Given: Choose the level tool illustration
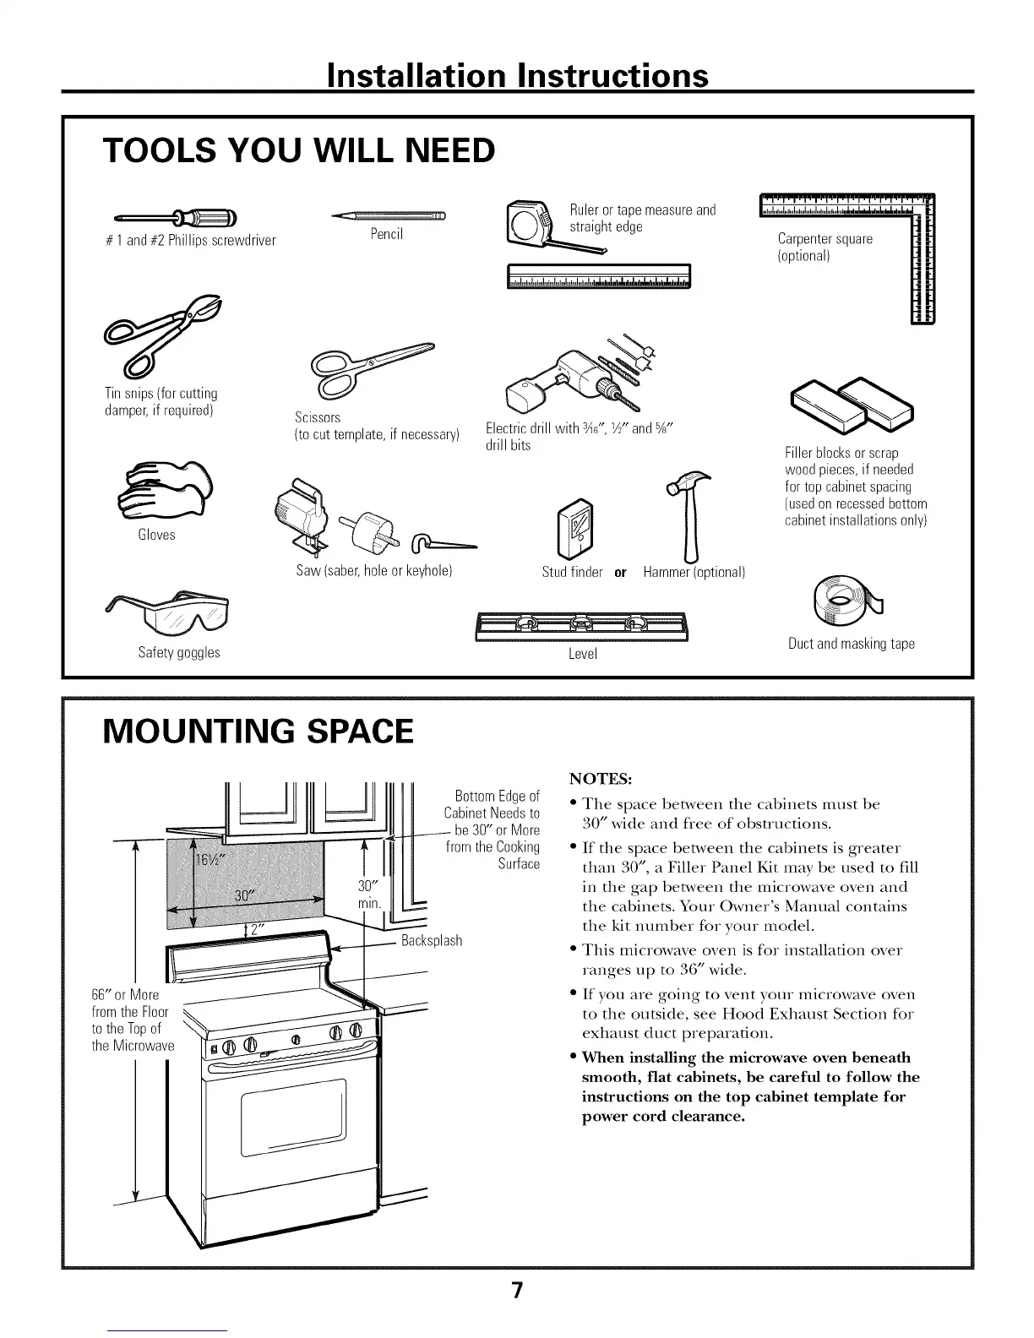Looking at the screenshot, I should [582, 626].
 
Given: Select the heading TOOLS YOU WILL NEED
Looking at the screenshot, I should [298, 150].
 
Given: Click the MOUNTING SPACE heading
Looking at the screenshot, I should [258, 731].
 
